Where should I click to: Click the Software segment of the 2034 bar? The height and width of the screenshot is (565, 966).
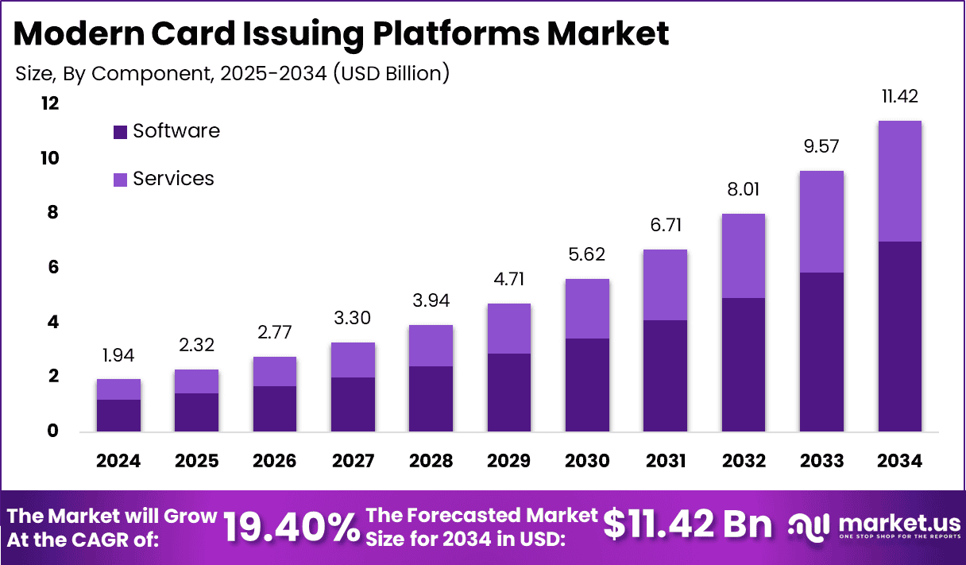[x=899, y=336]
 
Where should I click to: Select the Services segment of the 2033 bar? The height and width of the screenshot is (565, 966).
[x=821, y=221]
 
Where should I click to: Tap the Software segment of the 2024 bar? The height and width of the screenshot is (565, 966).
[x=119, y=416]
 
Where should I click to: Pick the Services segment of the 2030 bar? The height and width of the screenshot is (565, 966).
[x=587, y=308]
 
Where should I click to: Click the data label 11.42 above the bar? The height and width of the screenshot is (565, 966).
[x=899, y=97]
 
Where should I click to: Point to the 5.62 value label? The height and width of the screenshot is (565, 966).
[x=587, y=255]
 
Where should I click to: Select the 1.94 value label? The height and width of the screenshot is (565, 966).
[x=119, y=355]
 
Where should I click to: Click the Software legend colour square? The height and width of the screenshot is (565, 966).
[x=120, y=132]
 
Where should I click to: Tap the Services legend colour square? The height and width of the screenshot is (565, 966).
[x=120, y=180]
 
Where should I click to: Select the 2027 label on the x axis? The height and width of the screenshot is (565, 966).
[x=353, y=462]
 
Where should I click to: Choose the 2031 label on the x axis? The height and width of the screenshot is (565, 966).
[x=665, y=462]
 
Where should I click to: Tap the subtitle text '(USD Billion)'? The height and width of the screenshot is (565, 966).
[x=391, y=74]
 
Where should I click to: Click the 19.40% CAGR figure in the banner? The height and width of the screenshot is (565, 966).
[x=291, y=527]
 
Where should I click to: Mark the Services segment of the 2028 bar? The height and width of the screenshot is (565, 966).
[x=431, y=346]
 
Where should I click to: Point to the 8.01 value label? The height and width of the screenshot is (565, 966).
[x=743, y=190]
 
